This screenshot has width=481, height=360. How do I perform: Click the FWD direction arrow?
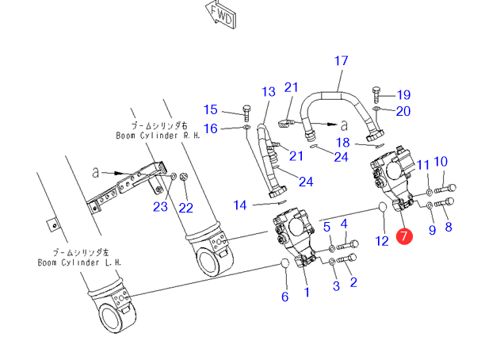click(x=221, y=15)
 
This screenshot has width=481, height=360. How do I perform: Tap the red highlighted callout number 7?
click(x=404, y=236)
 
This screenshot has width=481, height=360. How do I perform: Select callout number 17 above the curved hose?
click(x=341, y=61)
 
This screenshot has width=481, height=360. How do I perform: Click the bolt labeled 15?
click(x=247, y=113)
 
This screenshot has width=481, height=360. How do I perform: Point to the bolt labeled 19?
click(x=376, y=95)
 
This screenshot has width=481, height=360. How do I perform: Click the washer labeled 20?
click(x=376, y=109)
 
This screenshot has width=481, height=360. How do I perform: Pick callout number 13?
click(x=269, y=92)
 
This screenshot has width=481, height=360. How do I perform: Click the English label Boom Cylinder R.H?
click(x=158, y=136)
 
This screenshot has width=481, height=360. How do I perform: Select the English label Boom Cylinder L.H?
click(x=80, y=262)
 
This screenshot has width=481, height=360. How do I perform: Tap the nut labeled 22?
click(x=184, y=177)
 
